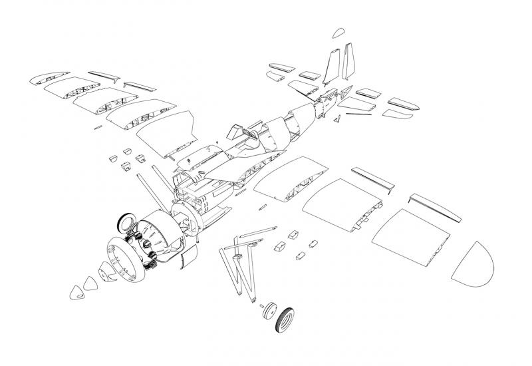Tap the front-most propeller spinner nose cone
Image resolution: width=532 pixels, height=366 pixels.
tap(78, 289)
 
